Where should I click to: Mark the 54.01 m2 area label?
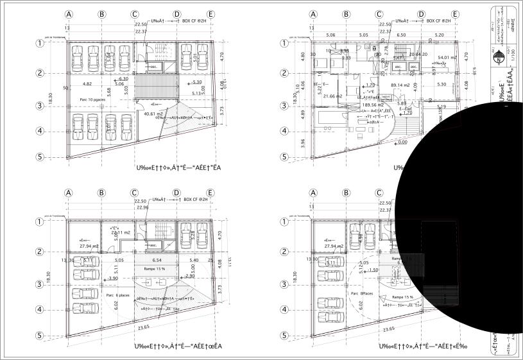[x=447, y=57]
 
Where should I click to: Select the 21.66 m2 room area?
[x=334, y=96]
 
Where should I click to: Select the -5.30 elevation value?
[x=196, y=82]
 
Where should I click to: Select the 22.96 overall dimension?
[x=142, y=207]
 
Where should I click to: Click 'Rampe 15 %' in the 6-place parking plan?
[x=154, y=269]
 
